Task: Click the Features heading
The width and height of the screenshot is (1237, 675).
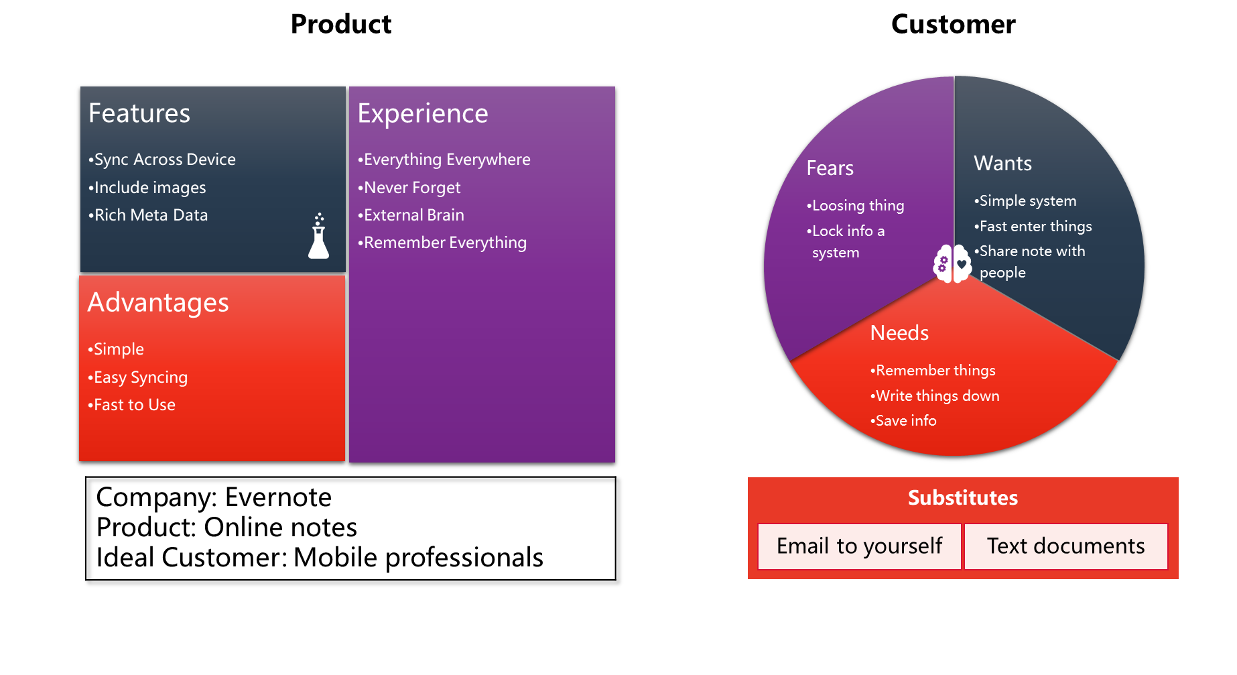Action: pos(139,113)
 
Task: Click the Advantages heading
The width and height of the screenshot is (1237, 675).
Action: pos(158,303)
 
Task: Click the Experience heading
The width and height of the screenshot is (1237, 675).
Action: pos(423,114)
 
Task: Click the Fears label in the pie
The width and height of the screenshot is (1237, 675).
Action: pos(830,168)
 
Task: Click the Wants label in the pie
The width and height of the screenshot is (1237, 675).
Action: pos(1002,164)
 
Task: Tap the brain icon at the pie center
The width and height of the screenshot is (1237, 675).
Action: pos(952,263)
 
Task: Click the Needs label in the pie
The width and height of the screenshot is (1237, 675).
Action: pos(899,333)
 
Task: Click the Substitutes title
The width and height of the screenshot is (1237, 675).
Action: pos(962,497)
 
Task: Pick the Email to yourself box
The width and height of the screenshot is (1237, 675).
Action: pos(860,546)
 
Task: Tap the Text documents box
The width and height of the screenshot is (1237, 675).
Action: pos(1065,546)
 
